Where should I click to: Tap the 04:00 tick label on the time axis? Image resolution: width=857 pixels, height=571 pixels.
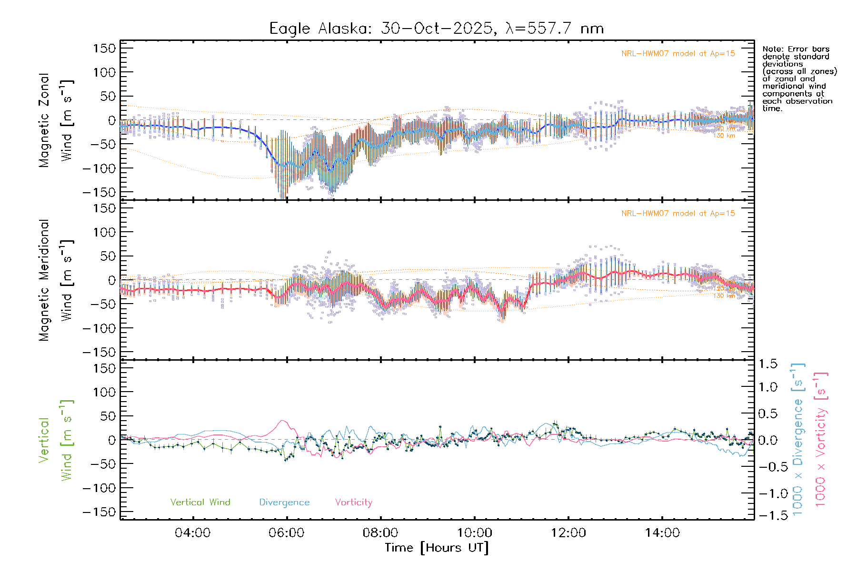click(192, 532)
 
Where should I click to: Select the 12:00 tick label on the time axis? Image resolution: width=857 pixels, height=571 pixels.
click(568, 532)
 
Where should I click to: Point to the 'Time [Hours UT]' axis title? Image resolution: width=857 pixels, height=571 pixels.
click(437, 548)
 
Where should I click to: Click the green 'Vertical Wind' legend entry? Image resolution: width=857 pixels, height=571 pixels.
click(200, 502)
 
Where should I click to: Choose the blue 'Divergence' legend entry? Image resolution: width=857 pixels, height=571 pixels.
click(284, 502)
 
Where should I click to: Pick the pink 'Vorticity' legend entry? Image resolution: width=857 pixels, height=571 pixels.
click(353, 502)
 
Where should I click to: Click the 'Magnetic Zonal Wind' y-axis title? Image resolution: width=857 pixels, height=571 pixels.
click(56, 120)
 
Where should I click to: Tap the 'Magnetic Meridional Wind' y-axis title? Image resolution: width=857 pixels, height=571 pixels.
click(56, 280)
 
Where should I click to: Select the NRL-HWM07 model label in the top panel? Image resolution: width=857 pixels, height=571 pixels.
click(678, 53)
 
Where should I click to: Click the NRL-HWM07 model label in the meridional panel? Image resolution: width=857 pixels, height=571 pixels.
click(678, 213)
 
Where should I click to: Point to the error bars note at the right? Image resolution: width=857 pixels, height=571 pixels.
click(799, 79)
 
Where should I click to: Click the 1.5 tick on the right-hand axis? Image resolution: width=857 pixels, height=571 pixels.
click(767, 364)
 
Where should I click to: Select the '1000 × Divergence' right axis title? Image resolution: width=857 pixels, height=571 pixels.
click(797, 439)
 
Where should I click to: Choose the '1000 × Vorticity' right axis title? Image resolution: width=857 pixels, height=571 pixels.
click(820, 439)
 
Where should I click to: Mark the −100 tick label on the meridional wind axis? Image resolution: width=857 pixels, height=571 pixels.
click(100, 328)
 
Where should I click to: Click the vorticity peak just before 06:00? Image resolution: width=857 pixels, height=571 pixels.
click(283, 421)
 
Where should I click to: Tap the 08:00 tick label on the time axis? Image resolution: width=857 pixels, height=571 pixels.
click(380, 532)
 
